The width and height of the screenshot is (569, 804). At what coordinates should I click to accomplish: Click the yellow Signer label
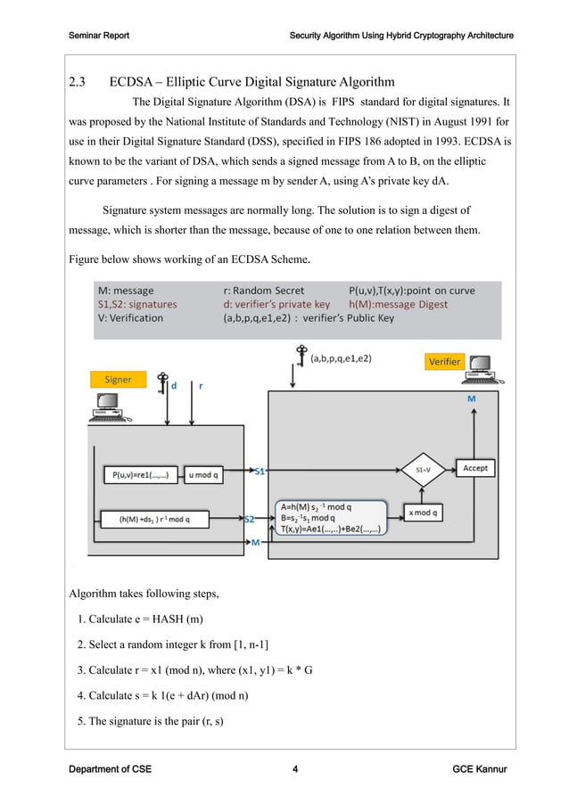(118, 380)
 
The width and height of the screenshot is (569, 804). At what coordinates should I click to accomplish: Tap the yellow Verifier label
(445, 361)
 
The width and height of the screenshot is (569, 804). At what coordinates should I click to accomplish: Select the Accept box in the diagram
(474, 468)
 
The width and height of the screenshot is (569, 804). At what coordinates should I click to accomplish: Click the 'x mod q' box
(422, 513)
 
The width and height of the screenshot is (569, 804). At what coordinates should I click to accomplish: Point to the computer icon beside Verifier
(482, 366)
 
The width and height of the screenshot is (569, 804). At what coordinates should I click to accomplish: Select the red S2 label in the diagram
(251, 518)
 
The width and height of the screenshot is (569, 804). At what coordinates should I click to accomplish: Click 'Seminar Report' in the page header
(99, 36)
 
